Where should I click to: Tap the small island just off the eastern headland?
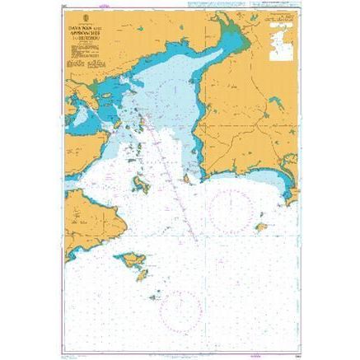(189, 176)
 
